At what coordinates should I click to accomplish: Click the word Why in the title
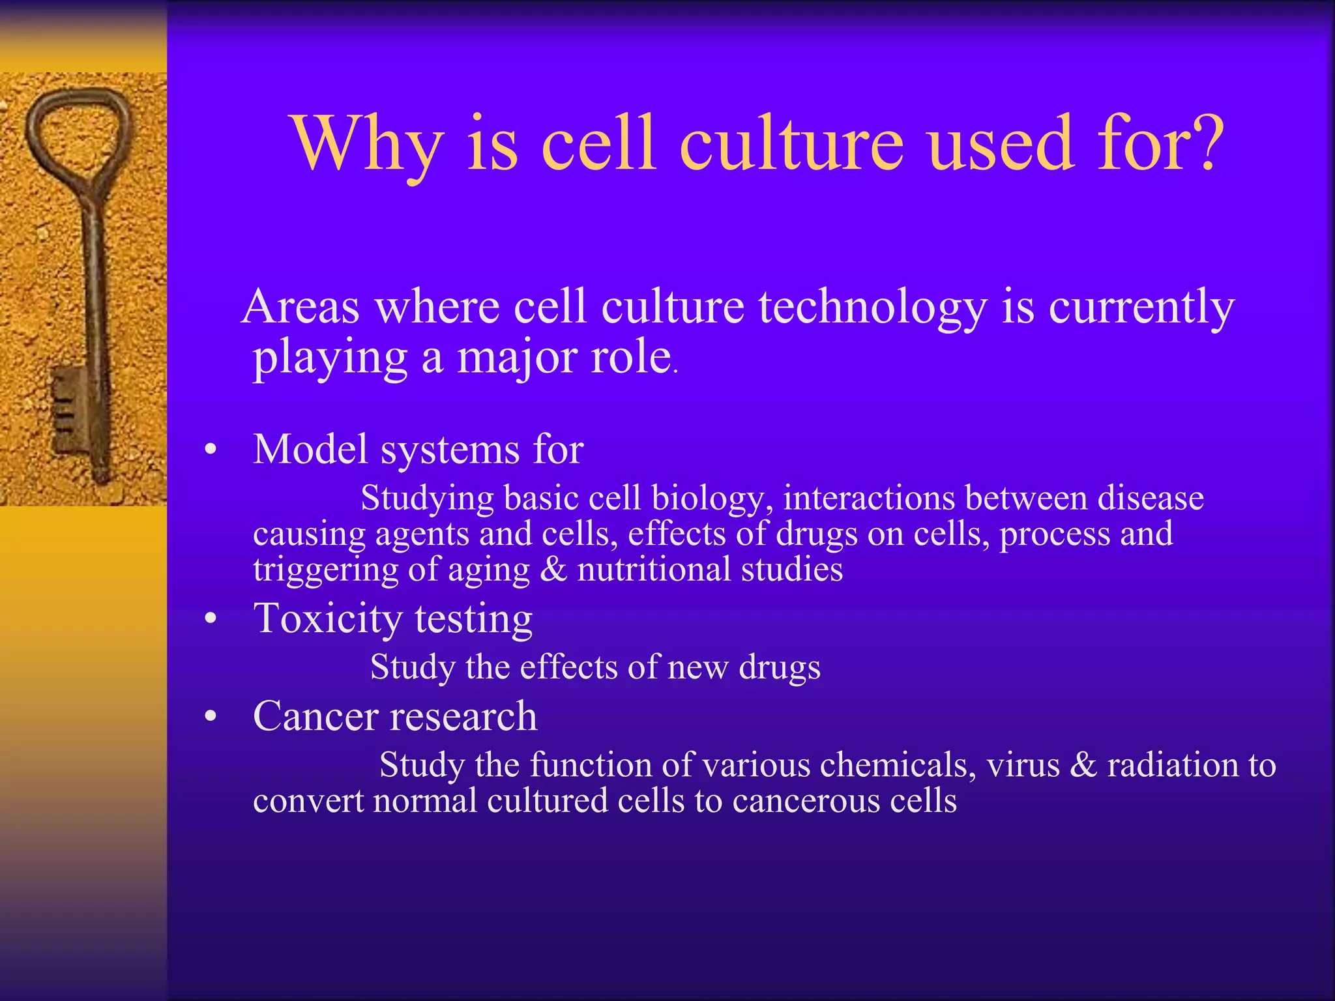(x=369, y=145)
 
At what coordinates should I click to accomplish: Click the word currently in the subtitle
(x=1141, y=308)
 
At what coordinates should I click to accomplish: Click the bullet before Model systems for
(x=210, y=451)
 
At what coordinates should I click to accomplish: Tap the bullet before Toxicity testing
(x=210, y=619)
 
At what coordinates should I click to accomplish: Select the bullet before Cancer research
(x=210, y=718)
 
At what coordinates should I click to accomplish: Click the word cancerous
(x=806, y=801)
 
